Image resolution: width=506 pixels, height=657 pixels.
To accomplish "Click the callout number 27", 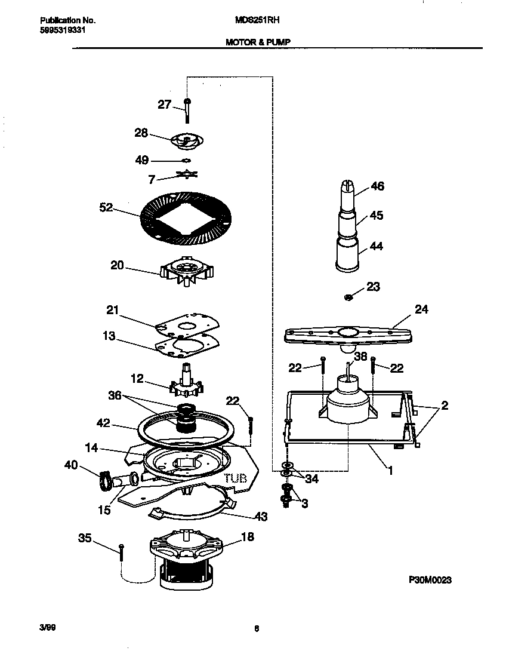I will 165,105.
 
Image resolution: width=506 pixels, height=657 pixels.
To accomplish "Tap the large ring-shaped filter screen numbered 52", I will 186,219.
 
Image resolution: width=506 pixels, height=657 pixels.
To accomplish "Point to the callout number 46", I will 377,186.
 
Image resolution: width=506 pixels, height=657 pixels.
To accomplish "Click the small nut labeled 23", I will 350,296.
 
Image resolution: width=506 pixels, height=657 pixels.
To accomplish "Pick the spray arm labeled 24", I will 349,334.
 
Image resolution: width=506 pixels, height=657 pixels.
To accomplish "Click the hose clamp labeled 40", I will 105,479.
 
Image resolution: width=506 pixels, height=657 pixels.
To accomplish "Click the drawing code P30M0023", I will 430,579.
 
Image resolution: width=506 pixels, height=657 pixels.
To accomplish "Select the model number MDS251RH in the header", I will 258,20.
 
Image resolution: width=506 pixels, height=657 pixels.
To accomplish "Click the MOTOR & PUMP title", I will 258,42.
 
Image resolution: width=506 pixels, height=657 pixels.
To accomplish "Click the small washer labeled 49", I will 186,160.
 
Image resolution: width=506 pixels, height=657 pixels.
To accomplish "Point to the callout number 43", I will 260,516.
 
